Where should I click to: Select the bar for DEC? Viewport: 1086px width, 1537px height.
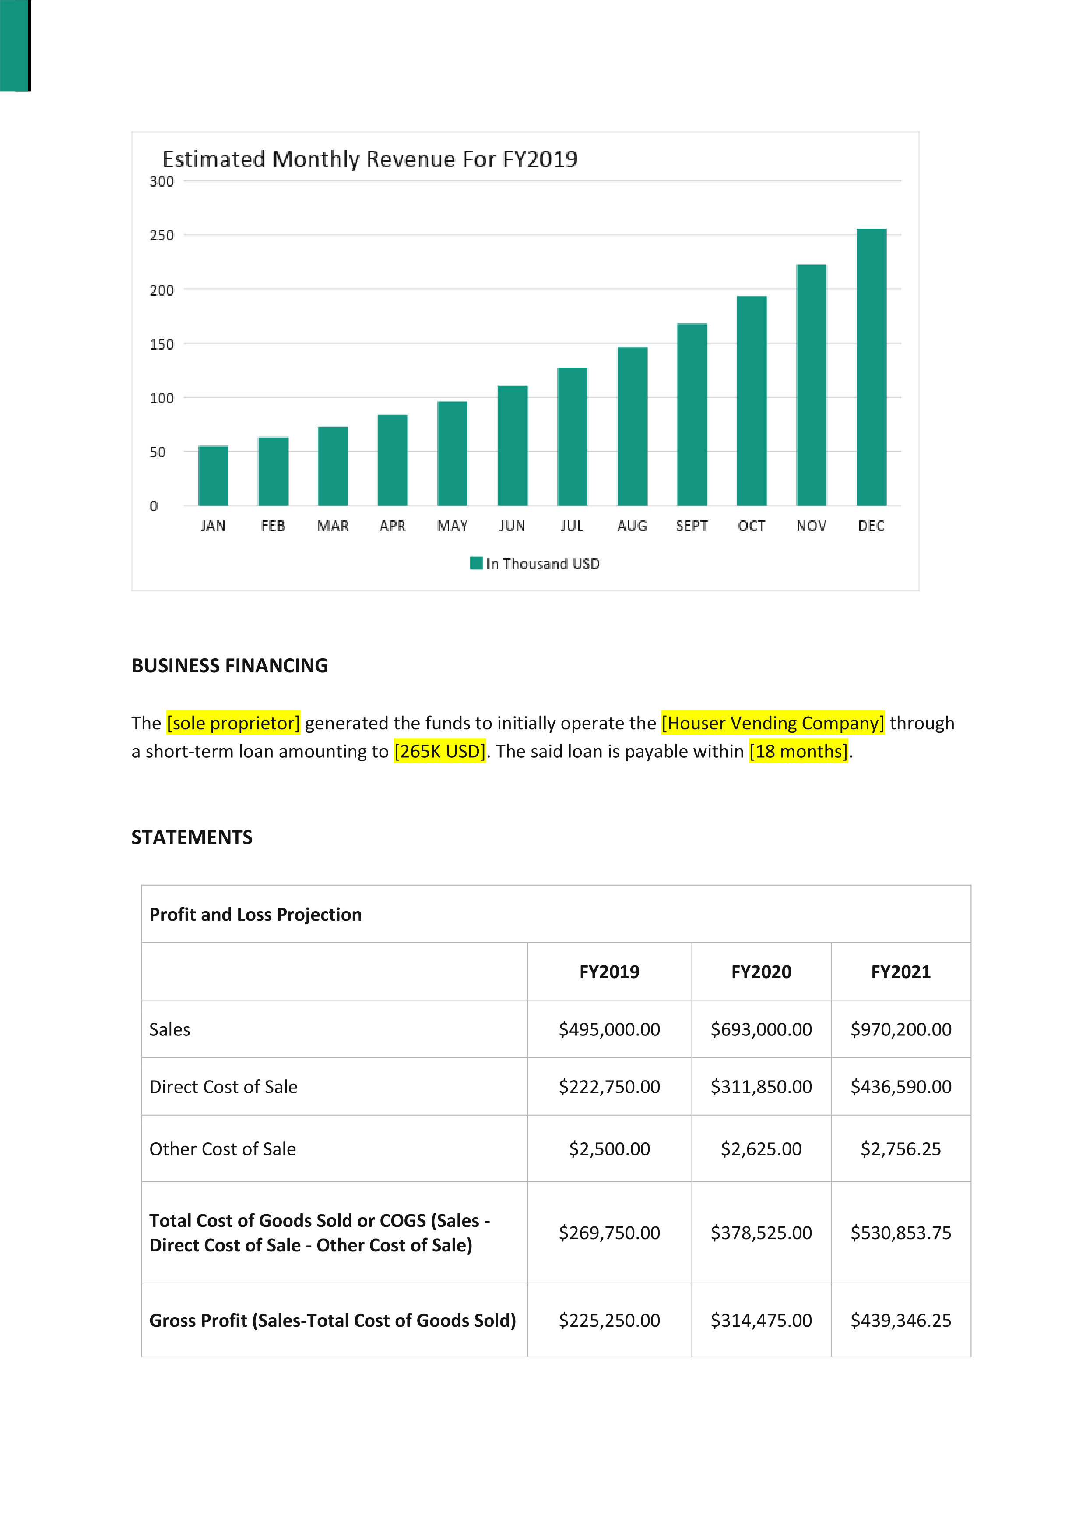871,367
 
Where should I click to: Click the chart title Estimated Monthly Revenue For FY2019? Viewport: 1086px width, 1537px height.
370,159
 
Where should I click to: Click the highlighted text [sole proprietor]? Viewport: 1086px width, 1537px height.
233,723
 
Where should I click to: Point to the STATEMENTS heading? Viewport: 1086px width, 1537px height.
192,837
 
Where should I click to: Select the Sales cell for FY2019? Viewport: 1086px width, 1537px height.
610,1030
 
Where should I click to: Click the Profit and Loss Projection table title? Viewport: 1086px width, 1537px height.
256,915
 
